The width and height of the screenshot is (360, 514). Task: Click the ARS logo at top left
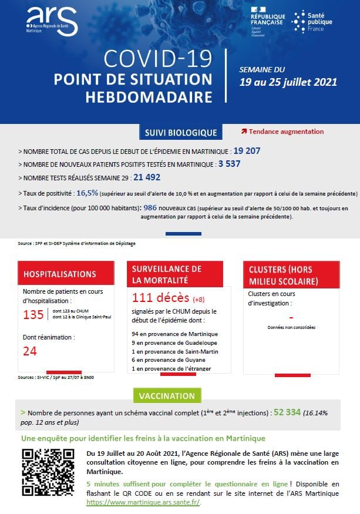52,22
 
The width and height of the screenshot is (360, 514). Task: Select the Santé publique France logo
312,22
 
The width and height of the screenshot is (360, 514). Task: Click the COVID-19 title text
157,59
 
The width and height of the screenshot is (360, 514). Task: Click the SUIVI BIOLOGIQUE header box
180,133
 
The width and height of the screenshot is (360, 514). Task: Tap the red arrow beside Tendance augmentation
244,132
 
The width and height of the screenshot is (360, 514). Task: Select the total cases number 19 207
247,151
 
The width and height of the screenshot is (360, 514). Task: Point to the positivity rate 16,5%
87,192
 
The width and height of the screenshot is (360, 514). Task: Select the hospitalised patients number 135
33,315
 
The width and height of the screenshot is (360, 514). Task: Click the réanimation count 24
30,351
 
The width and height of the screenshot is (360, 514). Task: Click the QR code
48,475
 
